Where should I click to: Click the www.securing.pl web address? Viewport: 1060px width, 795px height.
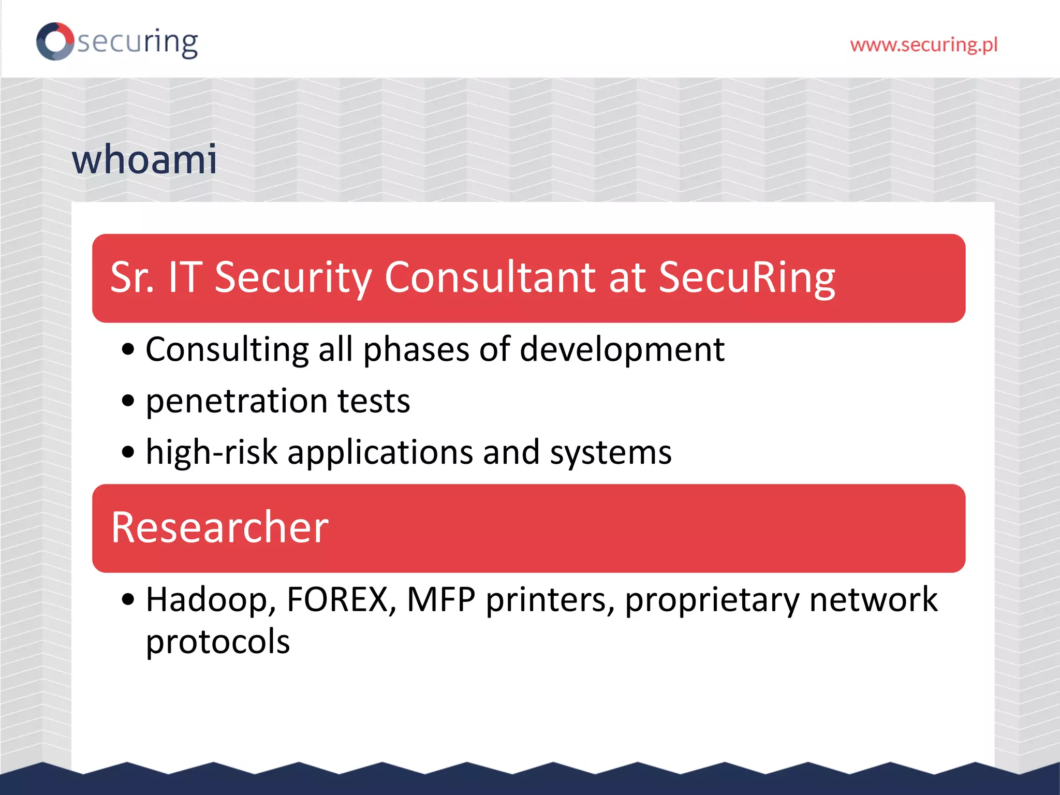[x=923, y=45]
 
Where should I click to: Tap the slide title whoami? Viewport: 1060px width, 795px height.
[x=144, y=159]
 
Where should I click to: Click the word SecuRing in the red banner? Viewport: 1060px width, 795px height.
[x=747, y=277]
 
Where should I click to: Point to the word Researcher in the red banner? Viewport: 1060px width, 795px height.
[x=220, y=527]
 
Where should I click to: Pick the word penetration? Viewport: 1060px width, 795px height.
[x=237, y=401]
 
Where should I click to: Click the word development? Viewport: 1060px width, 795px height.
[x=622, y=350]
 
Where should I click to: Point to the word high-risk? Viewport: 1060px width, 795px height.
[x=212, y=452]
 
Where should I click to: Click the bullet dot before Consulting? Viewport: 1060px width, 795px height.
[x=128, y=350]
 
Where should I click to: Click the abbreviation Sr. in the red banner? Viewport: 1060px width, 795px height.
[x=132, y=277]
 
